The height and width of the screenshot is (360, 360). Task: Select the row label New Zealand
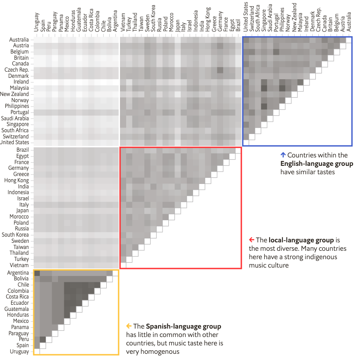[x=15, y=94]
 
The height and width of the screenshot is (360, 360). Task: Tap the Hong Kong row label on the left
[x=17, y=180]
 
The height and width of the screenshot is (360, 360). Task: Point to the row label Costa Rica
[x=17, y=297]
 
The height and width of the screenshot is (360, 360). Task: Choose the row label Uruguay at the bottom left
[x=19, y=352]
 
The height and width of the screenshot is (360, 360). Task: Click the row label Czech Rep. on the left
[x=17, y=70]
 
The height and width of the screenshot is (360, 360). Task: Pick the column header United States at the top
[x=246, y=18]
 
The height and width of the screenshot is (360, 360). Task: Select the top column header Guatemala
[x=79, y=19]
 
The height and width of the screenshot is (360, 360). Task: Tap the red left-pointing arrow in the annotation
[x=251, y=240]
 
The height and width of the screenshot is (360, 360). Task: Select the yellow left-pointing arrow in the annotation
[x=129, y=326]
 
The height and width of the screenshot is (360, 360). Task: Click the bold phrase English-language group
[x=317, y=164]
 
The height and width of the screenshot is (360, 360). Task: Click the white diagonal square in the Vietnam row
[x=123, y=265]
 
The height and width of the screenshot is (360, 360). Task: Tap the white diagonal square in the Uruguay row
[x=37, y=352]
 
